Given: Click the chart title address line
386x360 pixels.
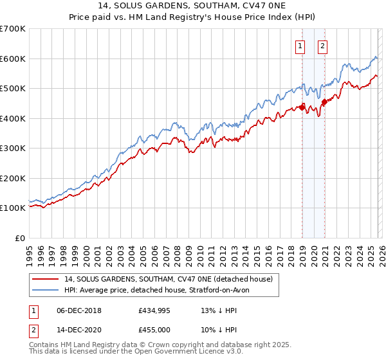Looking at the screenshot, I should tap(193, 7).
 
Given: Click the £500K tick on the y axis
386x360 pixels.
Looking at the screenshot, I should tap(14, 88).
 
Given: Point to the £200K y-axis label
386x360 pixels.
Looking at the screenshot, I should tap(14, 178).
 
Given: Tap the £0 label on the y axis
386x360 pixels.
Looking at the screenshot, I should tap(20, 238).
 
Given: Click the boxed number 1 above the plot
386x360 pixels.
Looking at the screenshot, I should tap(300, 45).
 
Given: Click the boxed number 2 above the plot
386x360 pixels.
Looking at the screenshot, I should tap(322, 45).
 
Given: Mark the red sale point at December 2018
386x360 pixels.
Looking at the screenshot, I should tap(302, 108).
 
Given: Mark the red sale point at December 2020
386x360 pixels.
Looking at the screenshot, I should tap(324, 102).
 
